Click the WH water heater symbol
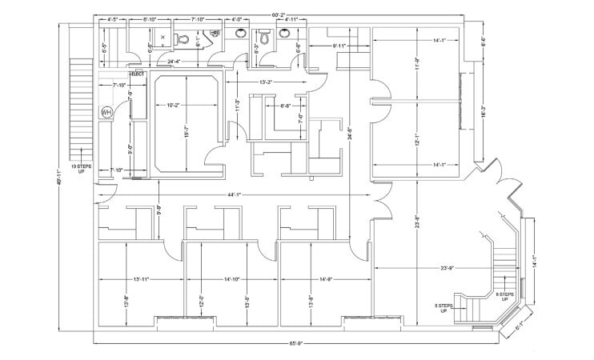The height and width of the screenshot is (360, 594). coord(106,113)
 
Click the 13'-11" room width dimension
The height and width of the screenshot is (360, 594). coord(138,279)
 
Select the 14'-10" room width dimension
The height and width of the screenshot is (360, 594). coord(232,279)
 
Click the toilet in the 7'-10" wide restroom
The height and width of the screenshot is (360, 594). coord(183,38)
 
